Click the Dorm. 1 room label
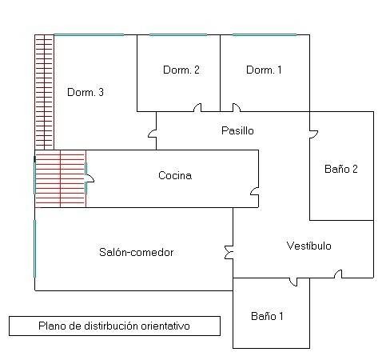click(264, 70)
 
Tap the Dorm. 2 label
click(181, 70)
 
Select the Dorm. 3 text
click(86, 92)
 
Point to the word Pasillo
click(237, 130)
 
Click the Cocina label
click(175, 175)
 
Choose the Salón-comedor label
click(137, 252)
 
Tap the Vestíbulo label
click(309, 246)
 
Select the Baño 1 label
click(267, 316)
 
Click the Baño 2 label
click(341, 169)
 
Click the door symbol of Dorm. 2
click(197, 108)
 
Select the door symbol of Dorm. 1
click(237, 108)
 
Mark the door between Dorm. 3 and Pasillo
click(153, 134)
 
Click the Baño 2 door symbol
click(313, 134)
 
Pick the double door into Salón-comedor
click(229, 252)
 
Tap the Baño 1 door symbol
click(293, 282)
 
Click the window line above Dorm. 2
click(178, 34)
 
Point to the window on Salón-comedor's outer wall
click(35, 249)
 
